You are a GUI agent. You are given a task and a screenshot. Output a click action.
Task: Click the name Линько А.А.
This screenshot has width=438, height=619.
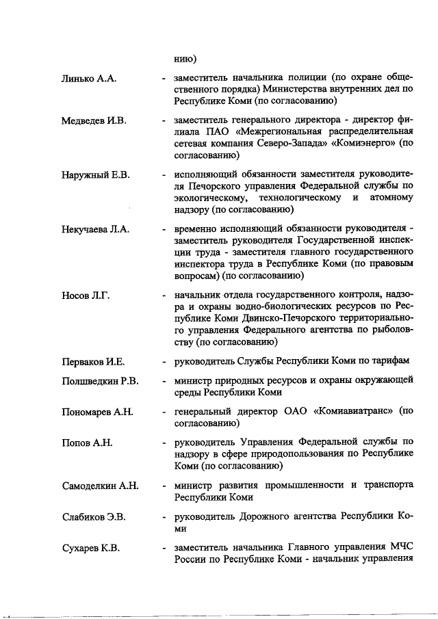click(x=90, y=79)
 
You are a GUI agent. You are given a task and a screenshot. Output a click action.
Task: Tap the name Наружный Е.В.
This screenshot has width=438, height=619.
click(x=96, y=176)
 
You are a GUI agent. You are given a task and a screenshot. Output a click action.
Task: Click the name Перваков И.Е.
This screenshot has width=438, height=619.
click(x=93, y=361)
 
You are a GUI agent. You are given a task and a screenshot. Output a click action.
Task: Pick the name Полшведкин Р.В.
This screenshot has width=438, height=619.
click(x=99, y=380)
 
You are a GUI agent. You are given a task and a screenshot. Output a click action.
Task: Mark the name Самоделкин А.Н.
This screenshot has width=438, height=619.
click(x=100, y=486)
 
